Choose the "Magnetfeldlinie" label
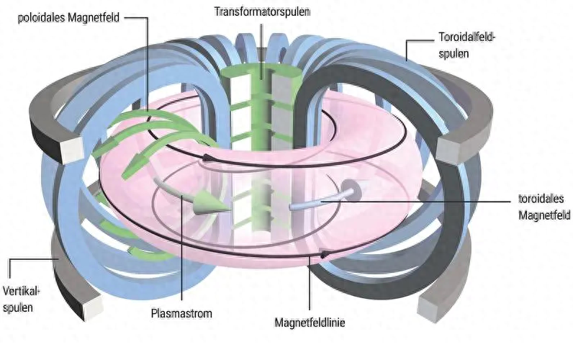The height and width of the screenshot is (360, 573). [311, 323]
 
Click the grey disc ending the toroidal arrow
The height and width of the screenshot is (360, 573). [354, 191]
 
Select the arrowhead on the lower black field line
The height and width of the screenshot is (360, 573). [325, 253]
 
